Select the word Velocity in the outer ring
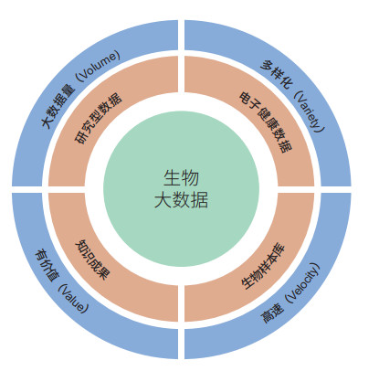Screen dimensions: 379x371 (x=304, y=283)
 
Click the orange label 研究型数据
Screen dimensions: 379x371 (x=98, y=118)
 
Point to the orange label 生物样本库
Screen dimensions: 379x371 (x=263, y=266)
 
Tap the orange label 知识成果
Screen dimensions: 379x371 (x=92, y=260)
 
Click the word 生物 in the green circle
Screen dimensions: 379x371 (x=182, y=178)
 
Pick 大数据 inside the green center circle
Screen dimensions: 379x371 (x=182, y=200)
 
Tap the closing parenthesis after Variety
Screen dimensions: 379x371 (x=319, y=130)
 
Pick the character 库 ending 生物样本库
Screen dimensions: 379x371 (x=279, y=249)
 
